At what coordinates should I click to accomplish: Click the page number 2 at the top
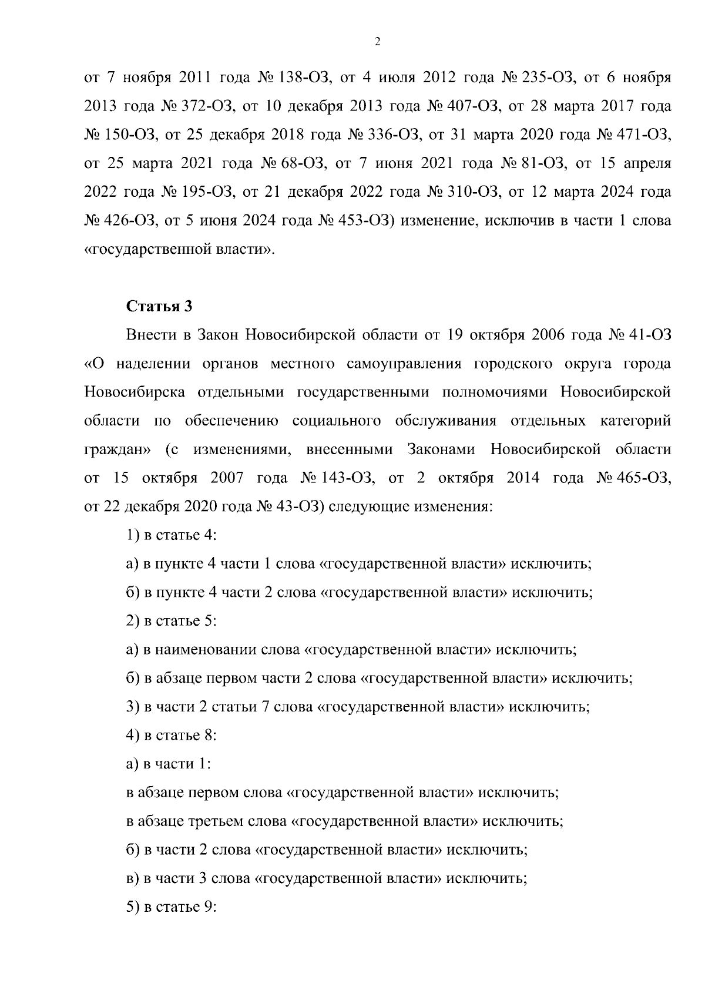point(377,42)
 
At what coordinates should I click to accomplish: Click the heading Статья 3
point(159,306)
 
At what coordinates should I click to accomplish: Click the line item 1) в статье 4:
point(172,535)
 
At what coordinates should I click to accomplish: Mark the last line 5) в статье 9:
point(172,907)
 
